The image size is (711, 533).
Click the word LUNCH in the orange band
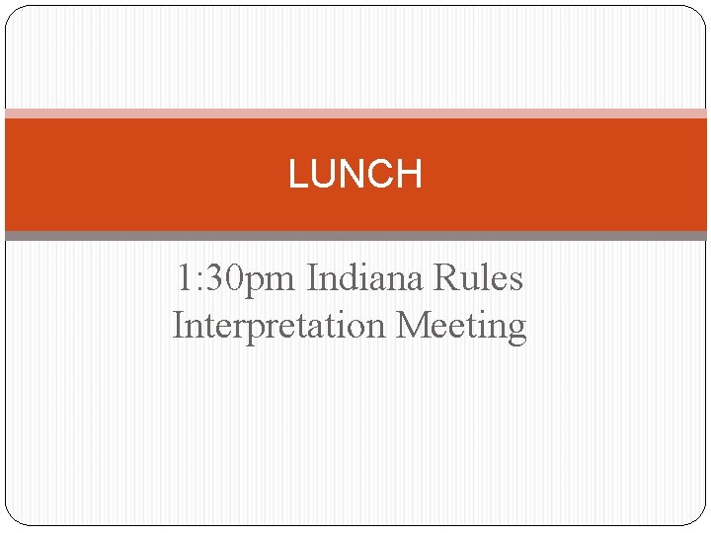355,175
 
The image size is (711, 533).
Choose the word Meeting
461,325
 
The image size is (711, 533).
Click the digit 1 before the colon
186,278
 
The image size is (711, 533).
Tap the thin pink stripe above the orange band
355,114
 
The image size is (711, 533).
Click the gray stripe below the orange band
355,236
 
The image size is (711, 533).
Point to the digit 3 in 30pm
217,278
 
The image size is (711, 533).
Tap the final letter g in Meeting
516,328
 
